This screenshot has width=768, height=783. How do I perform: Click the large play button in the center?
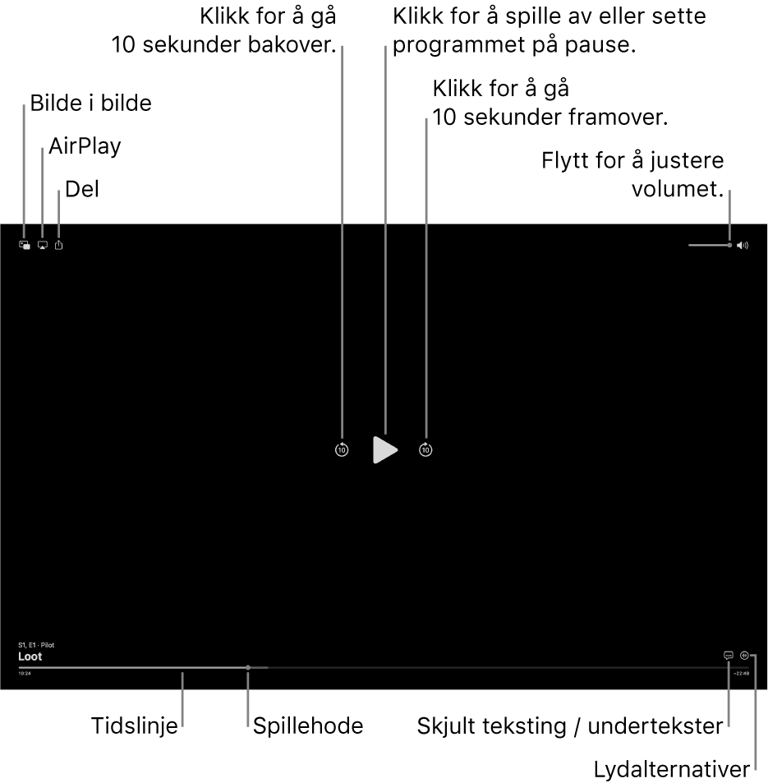tap(384, 449)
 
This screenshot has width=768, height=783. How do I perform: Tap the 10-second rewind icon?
tap(342, 449)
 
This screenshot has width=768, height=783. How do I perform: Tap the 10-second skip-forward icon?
tap(425, 449)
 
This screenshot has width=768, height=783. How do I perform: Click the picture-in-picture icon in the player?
tap(25, 245)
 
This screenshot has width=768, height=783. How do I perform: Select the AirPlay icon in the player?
tap(42, 245)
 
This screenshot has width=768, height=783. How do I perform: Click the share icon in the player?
tap(58, 245)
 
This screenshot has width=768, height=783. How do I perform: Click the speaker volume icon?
tap(743, 245)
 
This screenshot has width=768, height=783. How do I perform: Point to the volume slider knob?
tap(729, 245)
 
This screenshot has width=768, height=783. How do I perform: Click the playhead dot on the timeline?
tap(247, 667)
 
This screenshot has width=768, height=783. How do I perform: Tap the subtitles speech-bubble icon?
tap(728, 656)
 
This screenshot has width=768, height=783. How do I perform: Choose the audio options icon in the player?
tap(744, 656)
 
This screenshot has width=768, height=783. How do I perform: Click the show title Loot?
tap(30, 657)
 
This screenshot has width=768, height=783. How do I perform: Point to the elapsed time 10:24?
tap(25, 674)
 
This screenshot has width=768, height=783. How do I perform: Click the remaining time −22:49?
tap(741, 674)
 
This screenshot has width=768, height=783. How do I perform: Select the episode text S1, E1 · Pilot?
tap(36, 646)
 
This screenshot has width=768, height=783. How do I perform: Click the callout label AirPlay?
tap(85, 146)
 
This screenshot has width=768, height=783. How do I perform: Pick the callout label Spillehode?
tap(308, 726)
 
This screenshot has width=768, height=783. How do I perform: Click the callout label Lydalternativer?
tap(672, 770)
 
